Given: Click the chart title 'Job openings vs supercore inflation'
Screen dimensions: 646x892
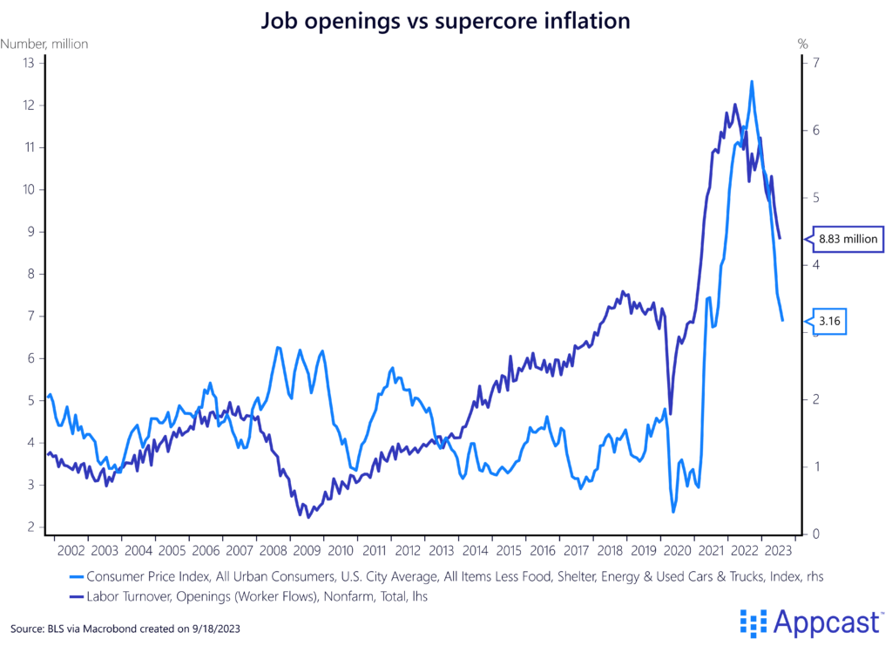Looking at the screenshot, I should (446, 20).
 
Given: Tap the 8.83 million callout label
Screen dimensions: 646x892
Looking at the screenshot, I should (848, 237).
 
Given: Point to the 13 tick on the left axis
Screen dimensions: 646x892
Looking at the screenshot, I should (28, 63).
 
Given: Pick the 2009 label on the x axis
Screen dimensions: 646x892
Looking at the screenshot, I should (306, 551).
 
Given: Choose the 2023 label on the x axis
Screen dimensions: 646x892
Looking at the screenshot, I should (777, 551).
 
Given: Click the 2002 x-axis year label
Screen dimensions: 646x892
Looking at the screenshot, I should (71, 551).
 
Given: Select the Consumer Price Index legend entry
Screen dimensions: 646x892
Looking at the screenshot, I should (453, 576).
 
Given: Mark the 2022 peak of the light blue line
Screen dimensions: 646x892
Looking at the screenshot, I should (752, 81).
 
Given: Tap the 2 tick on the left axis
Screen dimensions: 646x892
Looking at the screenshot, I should (29, 527).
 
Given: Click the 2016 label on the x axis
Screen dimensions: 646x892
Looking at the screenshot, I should (541, 551).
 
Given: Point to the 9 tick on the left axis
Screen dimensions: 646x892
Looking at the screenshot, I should (29, 232).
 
